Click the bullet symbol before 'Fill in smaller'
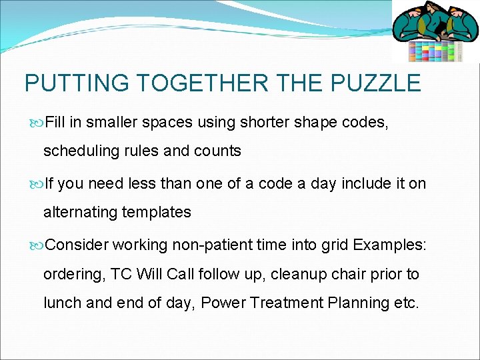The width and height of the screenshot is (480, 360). coord(37,123)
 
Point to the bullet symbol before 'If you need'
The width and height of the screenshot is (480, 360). coord(37,183)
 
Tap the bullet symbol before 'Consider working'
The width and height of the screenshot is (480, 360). coord(37,245)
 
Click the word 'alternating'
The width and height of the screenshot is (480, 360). coord(78,213)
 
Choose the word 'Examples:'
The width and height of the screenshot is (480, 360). coord(389,244)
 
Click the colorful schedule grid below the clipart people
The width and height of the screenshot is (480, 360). coord(435,51)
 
